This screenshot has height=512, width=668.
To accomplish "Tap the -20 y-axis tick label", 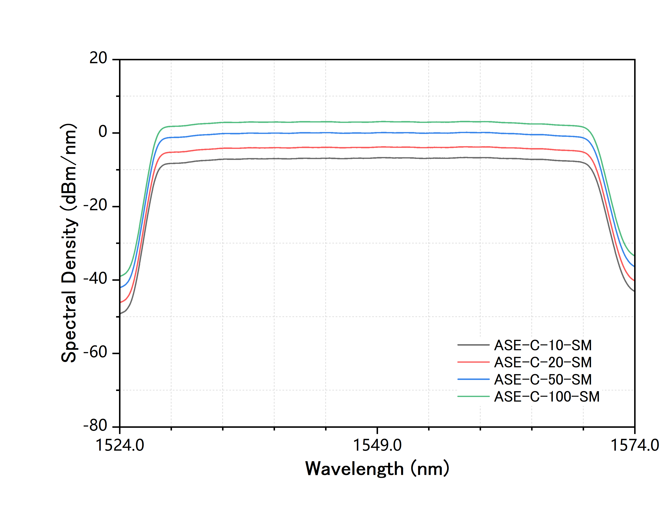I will [95, 205].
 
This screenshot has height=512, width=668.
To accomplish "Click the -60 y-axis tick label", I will [95, 352].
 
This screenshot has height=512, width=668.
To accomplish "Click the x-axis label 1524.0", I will [120, 445].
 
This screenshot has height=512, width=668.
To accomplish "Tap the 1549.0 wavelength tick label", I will [377, 445].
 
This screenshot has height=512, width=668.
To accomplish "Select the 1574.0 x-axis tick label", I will [635, 445].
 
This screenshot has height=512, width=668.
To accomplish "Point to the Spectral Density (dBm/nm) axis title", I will [69, 243].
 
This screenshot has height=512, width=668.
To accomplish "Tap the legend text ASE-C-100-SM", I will [546, 397].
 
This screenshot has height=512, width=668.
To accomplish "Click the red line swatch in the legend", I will [473, 362].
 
